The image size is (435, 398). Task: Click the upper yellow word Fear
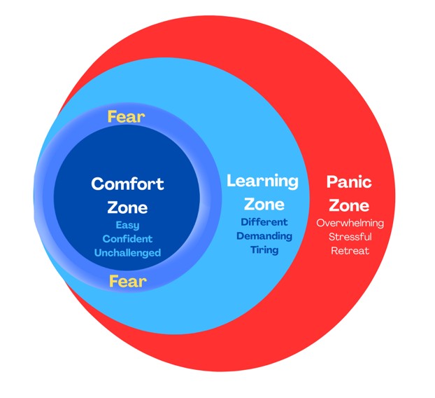tap(127, 116)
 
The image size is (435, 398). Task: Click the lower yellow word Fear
tap(127, 281)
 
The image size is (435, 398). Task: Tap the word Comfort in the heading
tap(127, 184)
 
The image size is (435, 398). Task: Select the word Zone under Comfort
tap(127, 207)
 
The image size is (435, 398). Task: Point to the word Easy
tap(127, 226)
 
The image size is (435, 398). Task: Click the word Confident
tap(127, 239)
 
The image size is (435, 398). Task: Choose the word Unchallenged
tap(127, 252)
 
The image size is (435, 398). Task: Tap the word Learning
tap(262, 181)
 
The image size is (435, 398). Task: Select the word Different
tap(262, 222)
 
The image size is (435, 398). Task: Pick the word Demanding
tap(262, 235)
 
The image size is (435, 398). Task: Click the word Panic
tap(349, 182)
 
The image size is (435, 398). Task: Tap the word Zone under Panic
tap(349, 206)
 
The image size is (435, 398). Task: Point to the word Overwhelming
tap(349, 224)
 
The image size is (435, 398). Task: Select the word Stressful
tap(349, 237)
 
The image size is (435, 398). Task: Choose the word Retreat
tap(349, 250)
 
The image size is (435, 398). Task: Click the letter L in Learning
tap(231, 181)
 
